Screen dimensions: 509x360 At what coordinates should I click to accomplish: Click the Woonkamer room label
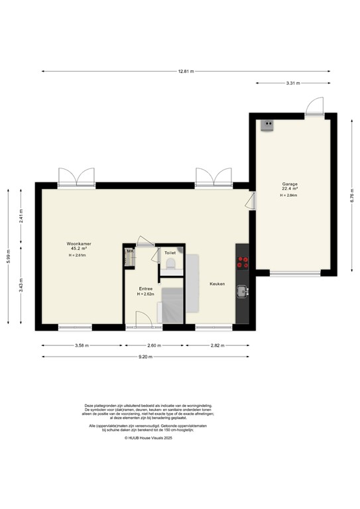pyautogui.click(x=78, y=244)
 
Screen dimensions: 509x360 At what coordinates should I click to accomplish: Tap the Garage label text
pyautogui.click(x=289, y=184)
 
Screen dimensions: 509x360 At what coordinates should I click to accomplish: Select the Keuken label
pyautogui.click(x=217, y=284)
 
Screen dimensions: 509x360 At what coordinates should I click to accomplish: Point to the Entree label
pyautogui.click(x=146, y=289)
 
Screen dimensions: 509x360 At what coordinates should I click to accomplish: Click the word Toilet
pyautogui.click(x=170, y=253)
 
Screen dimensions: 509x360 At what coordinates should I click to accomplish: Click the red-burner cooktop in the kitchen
pyautogui.click(x=242, y=260)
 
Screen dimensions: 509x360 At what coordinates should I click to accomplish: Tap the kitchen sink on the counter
pyautogui.click(x=243, y=290)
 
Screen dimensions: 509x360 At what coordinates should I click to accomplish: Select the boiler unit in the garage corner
pyautogui.click(x=267, y=124)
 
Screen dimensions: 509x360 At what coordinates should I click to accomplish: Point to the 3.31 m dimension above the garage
pyautogui.click(x=292, y=84)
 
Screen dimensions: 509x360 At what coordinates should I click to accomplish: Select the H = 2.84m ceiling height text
pyautogui.click(x=288, y=196)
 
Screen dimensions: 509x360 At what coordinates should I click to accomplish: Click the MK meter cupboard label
pyautogui.click(x=130, y=252)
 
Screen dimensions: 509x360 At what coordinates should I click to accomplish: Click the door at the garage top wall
pyautogui.click(x=313, y=106)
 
